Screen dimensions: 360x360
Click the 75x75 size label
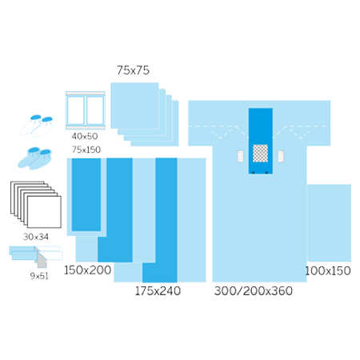(133, 70)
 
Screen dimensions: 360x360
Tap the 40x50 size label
(85, 136)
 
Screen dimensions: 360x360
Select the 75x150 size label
(86, 150)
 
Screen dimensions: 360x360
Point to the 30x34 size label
(36, 237)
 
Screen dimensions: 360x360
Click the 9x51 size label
(39, 276)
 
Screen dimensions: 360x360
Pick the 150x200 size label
(87, 270)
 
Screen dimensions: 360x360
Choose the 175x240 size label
(158, 291)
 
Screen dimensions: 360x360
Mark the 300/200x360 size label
(254, 291)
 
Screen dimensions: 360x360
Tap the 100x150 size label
(328, 271)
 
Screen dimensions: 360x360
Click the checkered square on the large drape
(260, 153)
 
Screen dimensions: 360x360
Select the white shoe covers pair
(37, 126)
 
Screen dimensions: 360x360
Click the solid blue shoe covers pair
(34, 158)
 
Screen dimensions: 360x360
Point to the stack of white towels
(36, 205)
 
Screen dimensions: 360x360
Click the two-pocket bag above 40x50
(86, 110)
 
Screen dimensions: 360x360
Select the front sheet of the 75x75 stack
(134, 106)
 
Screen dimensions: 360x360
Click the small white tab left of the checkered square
(240, 156)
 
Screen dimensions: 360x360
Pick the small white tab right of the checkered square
(281, 156)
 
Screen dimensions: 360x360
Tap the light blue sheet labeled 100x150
(329, 222)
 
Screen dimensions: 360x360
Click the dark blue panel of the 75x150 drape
(86, 194)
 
